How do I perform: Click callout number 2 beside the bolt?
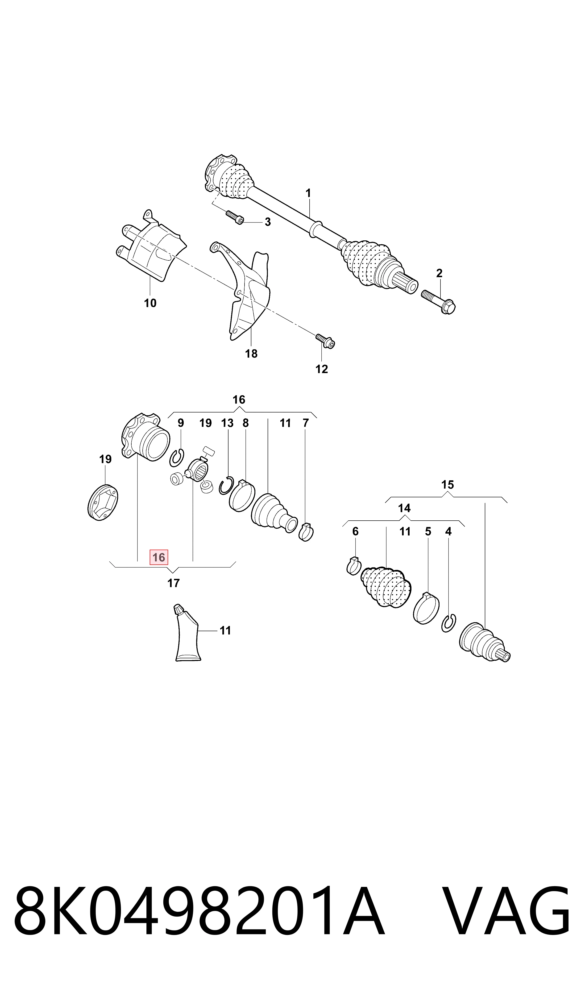[x=439, y=273]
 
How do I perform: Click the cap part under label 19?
[x=103, y=502]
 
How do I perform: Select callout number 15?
[x=448, y=485]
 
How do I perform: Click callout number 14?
[x=404, y=508]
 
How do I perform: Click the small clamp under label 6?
[x=354, y=566]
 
